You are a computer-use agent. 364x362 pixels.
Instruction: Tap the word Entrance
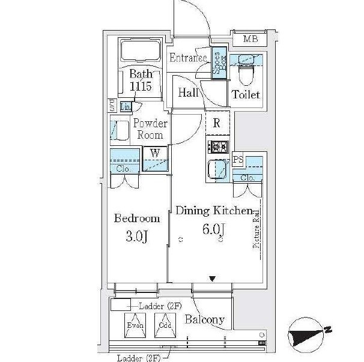coord(188,58)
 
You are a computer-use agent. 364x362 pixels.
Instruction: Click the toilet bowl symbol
coord(245,75)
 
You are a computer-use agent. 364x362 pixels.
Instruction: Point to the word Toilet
coord(246,95)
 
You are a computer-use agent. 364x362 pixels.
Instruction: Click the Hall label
coord(189,92)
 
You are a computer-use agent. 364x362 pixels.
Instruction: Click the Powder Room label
coord(150,129)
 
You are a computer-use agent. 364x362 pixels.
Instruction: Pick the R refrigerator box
coord(217,124)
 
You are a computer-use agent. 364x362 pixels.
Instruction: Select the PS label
coord(238,160)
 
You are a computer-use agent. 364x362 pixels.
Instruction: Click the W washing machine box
coord(155,153)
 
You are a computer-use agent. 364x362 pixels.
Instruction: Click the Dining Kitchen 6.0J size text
coord(213,230)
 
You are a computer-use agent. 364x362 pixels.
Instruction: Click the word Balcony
coord(205,319)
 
